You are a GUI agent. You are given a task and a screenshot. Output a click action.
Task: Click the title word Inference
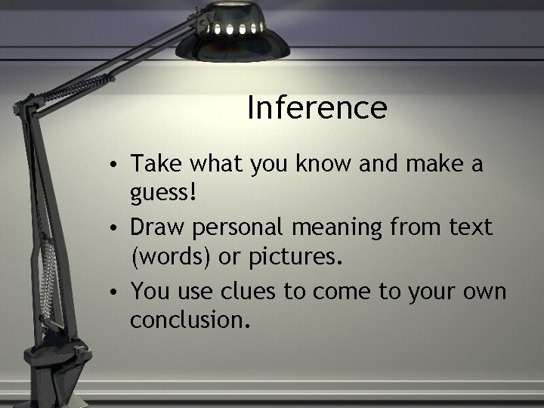click(317, 108)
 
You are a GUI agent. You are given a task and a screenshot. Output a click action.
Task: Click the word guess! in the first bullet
click(165, 194)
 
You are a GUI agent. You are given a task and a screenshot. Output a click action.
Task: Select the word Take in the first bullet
click(153, 163)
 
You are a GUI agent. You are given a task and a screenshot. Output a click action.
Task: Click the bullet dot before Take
click(111, 165)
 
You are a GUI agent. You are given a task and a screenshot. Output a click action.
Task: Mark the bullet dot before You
click(111, 292)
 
